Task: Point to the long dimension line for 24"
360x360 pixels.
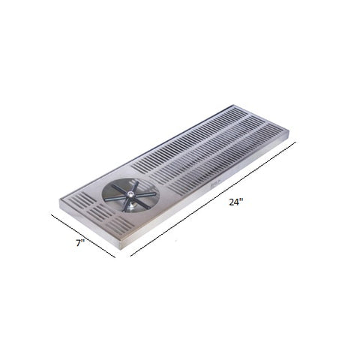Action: pyautogui.click(x=214, y=198)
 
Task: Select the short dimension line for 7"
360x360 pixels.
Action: pyautogui.click(x=82, y=235)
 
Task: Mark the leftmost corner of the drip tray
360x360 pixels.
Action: pyautogui.click(x=59, y=204)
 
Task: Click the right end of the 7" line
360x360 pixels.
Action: pyautogui.click(x=114, y=256)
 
